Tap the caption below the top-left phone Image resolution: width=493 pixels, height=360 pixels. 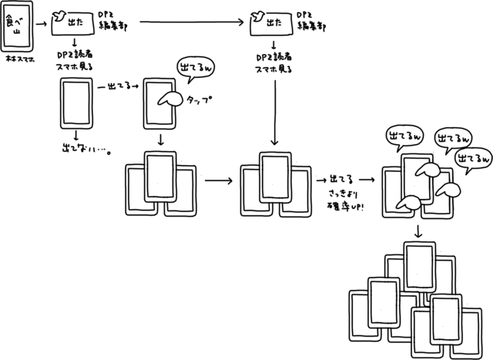(17, 59)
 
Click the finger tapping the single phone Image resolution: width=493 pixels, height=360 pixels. (169, 98)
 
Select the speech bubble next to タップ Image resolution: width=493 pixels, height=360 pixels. (193, 70)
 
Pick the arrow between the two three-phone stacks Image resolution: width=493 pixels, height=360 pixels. (219, 182)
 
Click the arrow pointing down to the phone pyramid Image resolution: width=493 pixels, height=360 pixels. (419, 232)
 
